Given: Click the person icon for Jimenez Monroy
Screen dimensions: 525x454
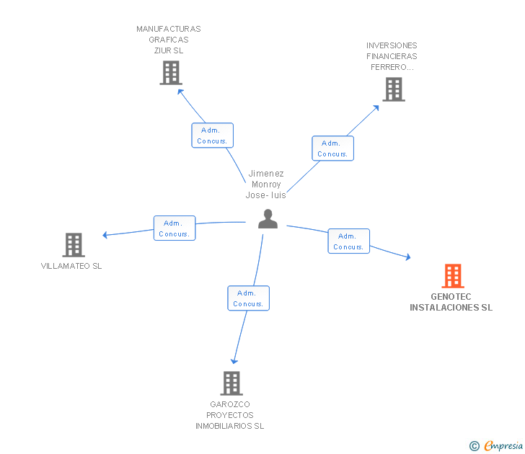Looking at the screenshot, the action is point(268,219).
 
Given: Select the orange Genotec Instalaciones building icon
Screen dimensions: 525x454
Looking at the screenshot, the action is point(453,276).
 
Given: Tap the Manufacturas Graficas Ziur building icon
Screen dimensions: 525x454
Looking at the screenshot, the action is point(171,73).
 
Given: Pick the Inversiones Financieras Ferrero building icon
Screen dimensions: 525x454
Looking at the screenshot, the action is point(394,89).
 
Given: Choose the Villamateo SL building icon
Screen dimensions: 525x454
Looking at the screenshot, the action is point(74,245).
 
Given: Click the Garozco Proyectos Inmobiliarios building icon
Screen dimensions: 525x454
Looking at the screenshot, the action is point(231,383).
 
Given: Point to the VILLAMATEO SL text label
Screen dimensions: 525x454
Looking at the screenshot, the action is point(71,266).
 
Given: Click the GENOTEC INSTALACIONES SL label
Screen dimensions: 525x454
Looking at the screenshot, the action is point(451,302).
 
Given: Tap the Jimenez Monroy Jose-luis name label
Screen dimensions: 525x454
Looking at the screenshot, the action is point(266,184).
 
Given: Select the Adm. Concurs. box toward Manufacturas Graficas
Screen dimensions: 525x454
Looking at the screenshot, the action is point(212,135).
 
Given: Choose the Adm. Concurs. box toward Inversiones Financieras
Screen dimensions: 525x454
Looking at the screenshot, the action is point(333,148).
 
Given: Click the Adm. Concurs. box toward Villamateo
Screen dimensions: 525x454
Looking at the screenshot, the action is point(175,228).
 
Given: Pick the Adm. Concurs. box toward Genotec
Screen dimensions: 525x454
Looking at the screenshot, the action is point(348,241).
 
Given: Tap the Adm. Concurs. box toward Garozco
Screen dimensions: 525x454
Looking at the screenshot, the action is point(248,298).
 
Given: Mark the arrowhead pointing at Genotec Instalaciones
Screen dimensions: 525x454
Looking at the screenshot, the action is point(408,257).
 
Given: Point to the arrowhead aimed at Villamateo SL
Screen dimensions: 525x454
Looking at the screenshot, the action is point(105,235).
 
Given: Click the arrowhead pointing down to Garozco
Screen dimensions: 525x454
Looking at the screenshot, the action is point(234,361).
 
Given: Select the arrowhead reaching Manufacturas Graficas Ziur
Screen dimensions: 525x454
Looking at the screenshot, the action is point(180,92).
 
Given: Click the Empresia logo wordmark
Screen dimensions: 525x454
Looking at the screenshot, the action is point(503,445).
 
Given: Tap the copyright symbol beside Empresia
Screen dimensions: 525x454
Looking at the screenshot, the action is point(474,446).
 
